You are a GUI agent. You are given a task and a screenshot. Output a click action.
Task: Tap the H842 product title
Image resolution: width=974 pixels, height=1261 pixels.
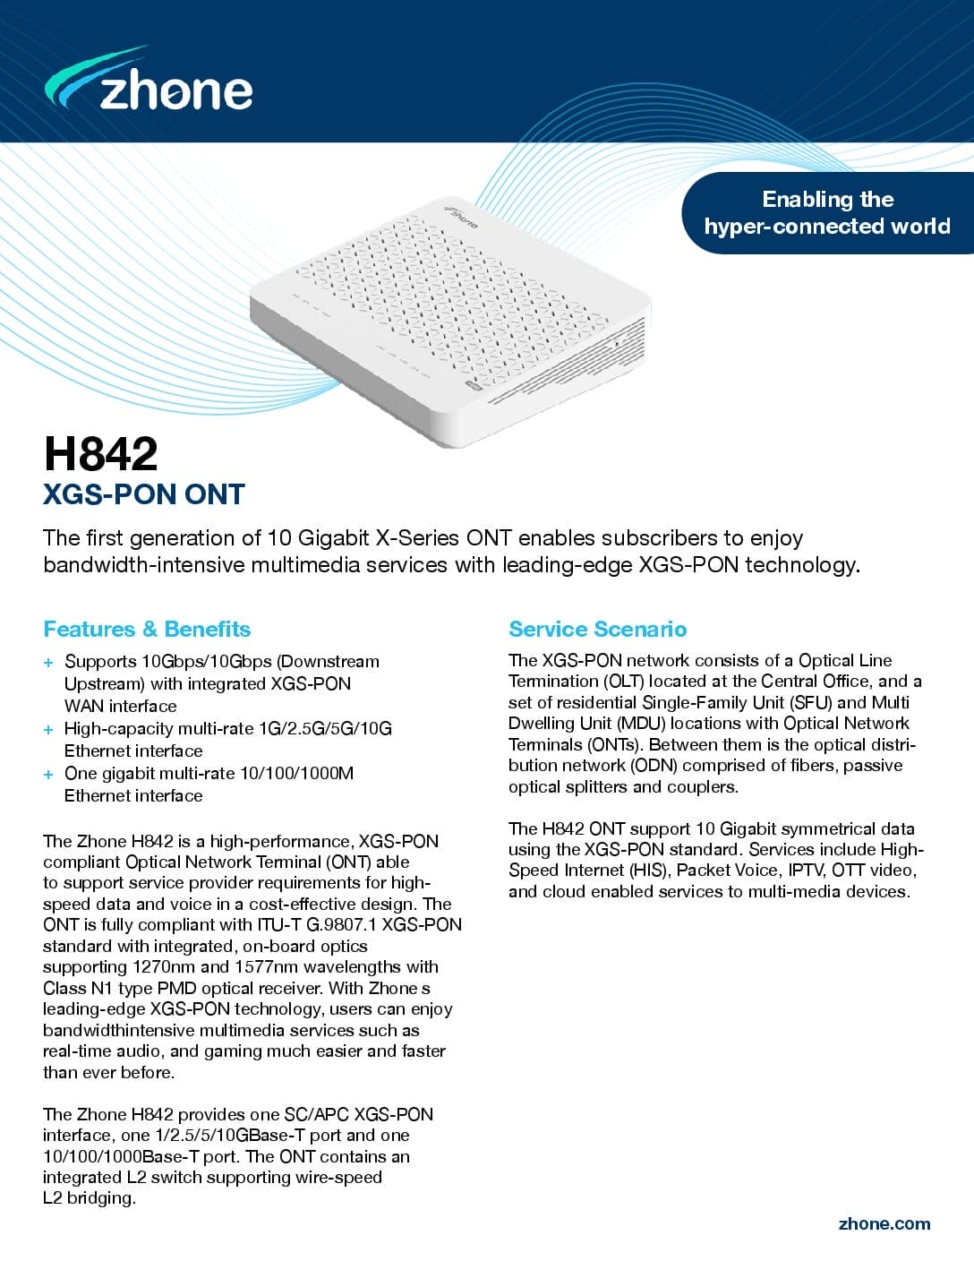100,453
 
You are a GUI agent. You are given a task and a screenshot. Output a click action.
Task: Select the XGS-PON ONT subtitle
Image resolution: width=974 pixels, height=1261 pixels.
144,494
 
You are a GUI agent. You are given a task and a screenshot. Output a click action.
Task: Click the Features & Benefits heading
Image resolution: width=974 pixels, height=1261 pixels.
147,629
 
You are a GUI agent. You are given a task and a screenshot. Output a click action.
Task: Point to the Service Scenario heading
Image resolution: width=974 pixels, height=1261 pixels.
597,629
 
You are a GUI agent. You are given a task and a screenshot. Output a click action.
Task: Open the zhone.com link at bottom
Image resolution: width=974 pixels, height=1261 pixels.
884,1223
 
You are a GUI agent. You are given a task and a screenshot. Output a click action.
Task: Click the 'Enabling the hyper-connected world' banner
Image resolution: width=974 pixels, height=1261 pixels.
826,212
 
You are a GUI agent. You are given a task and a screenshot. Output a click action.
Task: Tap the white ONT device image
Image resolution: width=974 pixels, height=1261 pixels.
448,322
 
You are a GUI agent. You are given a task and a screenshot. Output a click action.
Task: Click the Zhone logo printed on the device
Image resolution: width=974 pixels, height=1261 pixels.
462,216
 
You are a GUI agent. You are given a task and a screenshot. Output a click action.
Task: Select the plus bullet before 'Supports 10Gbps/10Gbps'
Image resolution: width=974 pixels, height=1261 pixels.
48,663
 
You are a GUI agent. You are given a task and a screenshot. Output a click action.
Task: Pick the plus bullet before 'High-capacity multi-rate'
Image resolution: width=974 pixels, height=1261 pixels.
48,730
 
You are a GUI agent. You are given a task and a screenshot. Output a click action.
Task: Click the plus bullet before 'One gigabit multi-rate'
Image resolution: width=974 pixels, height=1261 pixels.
48,775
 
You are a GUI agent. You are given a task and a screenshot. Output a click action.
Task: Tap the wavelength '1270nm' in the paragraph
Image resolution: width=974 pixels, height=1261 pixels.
164,966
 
